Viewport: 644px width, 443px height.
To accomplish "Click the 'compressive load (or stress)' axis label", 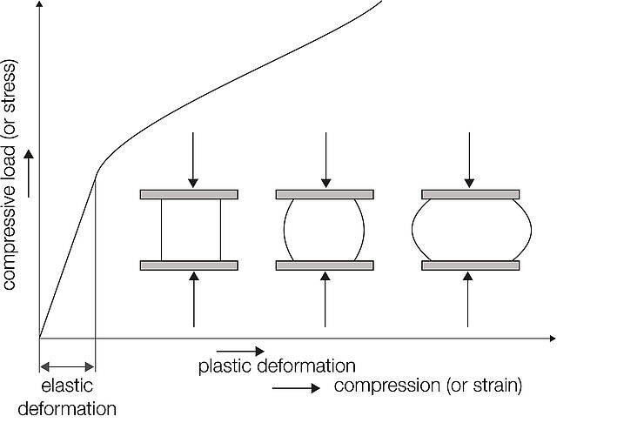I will click(x=11, y=174).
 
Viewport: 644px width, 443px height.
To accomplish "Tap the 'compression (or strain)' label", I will click(x=427, y=386).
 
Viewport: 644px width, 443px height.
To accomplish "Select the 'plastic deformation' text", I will click(x=276, y=366).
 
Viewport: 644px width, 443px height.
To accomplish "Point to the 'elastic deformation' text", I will click(x=66, y=396).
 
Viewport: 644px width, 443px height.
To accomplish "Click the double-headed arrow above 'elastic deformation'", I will click(x=66, y=367).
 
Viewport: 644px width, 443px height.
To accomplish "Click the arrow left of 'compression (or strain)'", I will click(x=295, y=389).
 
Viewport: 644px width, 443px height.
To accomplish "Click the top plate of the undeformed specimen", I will click(x=189, y=194).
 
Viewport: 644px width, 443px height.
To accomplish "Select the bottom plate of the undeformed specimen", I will click(x=189, y=265).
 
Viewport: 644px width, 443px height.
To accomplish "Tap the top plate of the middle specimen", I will click(x=325, y=194).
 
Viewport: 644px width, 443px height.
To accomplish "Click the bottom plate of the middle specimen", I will click(x=325, y=265).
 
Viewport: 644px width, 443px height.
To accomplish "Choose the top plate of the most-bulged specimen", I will click(x=470, y=194).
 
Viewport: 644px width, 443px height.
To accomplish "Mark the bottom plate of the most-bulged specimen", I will click(x=470, y=265).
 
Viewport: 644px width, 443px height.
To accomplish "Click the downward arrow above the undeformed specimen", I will click(x=193, y=160).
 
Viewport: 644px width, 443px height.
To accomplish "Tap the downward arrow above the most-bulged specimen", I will click(x=470, y=160).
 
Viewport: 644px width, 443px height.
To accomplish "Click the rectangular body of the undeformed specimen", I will click(x=191, y=230).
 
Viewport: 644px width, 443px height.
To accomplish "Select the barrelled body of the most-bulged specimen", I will click(x=470, y=230).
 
